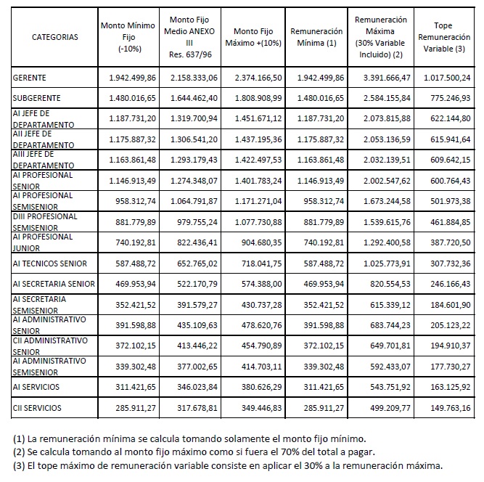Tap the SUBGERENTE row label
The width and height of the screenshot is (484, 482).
(x=36, y=97)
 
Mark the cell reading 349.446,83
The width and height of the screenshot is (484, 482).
(x=258, y=409)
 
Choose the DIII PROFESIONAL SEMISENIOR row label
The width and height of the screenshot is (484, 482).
(x=47, y=221)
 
